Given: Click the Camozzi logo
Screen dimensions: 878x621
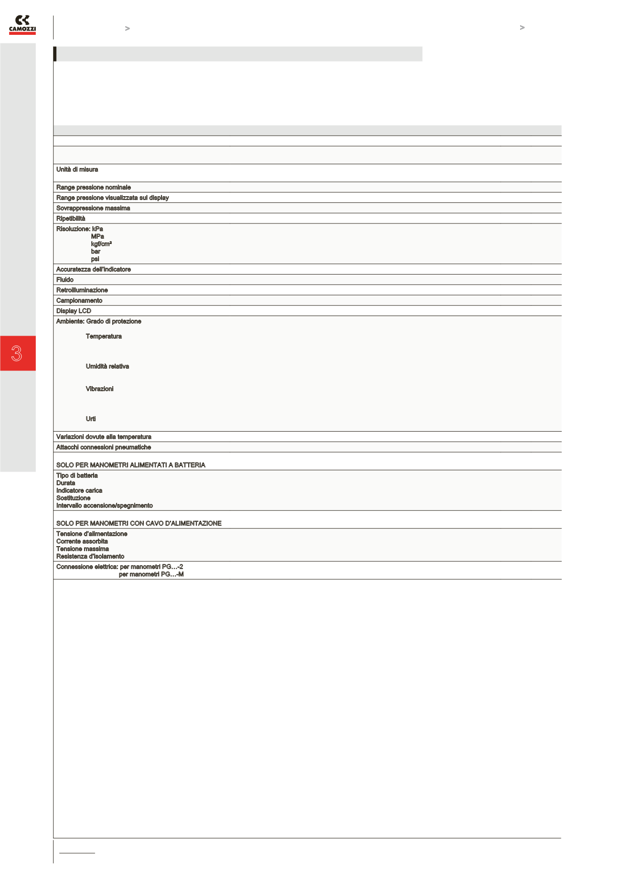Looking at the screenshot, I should [22, 25].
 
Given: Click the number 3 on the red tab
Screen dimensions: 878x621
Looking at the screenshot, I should [17, 353].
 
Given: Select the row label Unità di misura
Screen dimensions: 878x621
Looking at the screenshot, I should [77, 169].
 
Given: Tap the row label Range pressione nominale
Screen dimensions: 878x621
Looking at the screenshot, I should [93, 187].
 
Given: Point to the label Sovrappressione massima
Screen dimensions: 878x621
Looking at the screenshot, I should [93, 208].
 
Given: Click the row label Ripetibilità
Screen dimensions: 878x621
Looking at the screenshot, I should [71, 218].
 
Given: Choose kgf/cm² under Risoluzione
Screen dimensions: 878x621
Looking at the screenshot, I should [101, 244].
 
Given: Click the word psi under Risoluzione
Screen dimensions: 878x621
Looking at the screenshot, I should [95, 259].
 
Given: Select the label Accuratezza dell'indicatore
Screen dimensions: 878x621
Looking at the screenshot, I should [93, 269].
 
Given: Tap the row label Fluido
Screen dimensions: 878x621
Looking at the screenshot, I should [64, 280].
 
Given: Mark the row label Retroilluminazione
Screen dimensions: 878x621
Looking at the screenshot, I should [82, 290].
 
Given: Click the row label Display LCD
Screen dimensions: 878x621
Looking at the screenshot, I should [74, 311].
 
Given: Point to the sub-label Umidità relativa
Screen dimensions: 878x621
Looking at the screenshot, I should [107, 366].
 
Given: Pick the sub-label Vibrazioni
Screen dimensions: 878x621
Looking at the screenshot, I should [99, 389].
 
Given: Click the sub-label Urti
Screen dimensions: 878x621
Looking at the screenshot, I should [90, 419].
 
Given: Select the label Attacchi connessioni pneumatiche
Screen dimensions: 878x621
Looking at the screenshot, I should [103, 447].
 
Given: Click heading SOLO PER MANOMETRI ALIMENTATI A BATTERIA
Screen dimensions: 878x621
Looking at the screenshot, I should [130, 465].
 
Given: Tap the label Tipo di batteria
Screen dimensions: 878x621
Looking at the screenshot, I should [76, 476].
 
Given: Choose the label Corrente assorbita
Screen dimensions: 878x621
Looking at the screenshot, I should [82, 541].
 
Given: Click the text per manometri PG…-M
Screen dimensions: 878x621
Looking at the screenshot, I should [151, 574].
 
